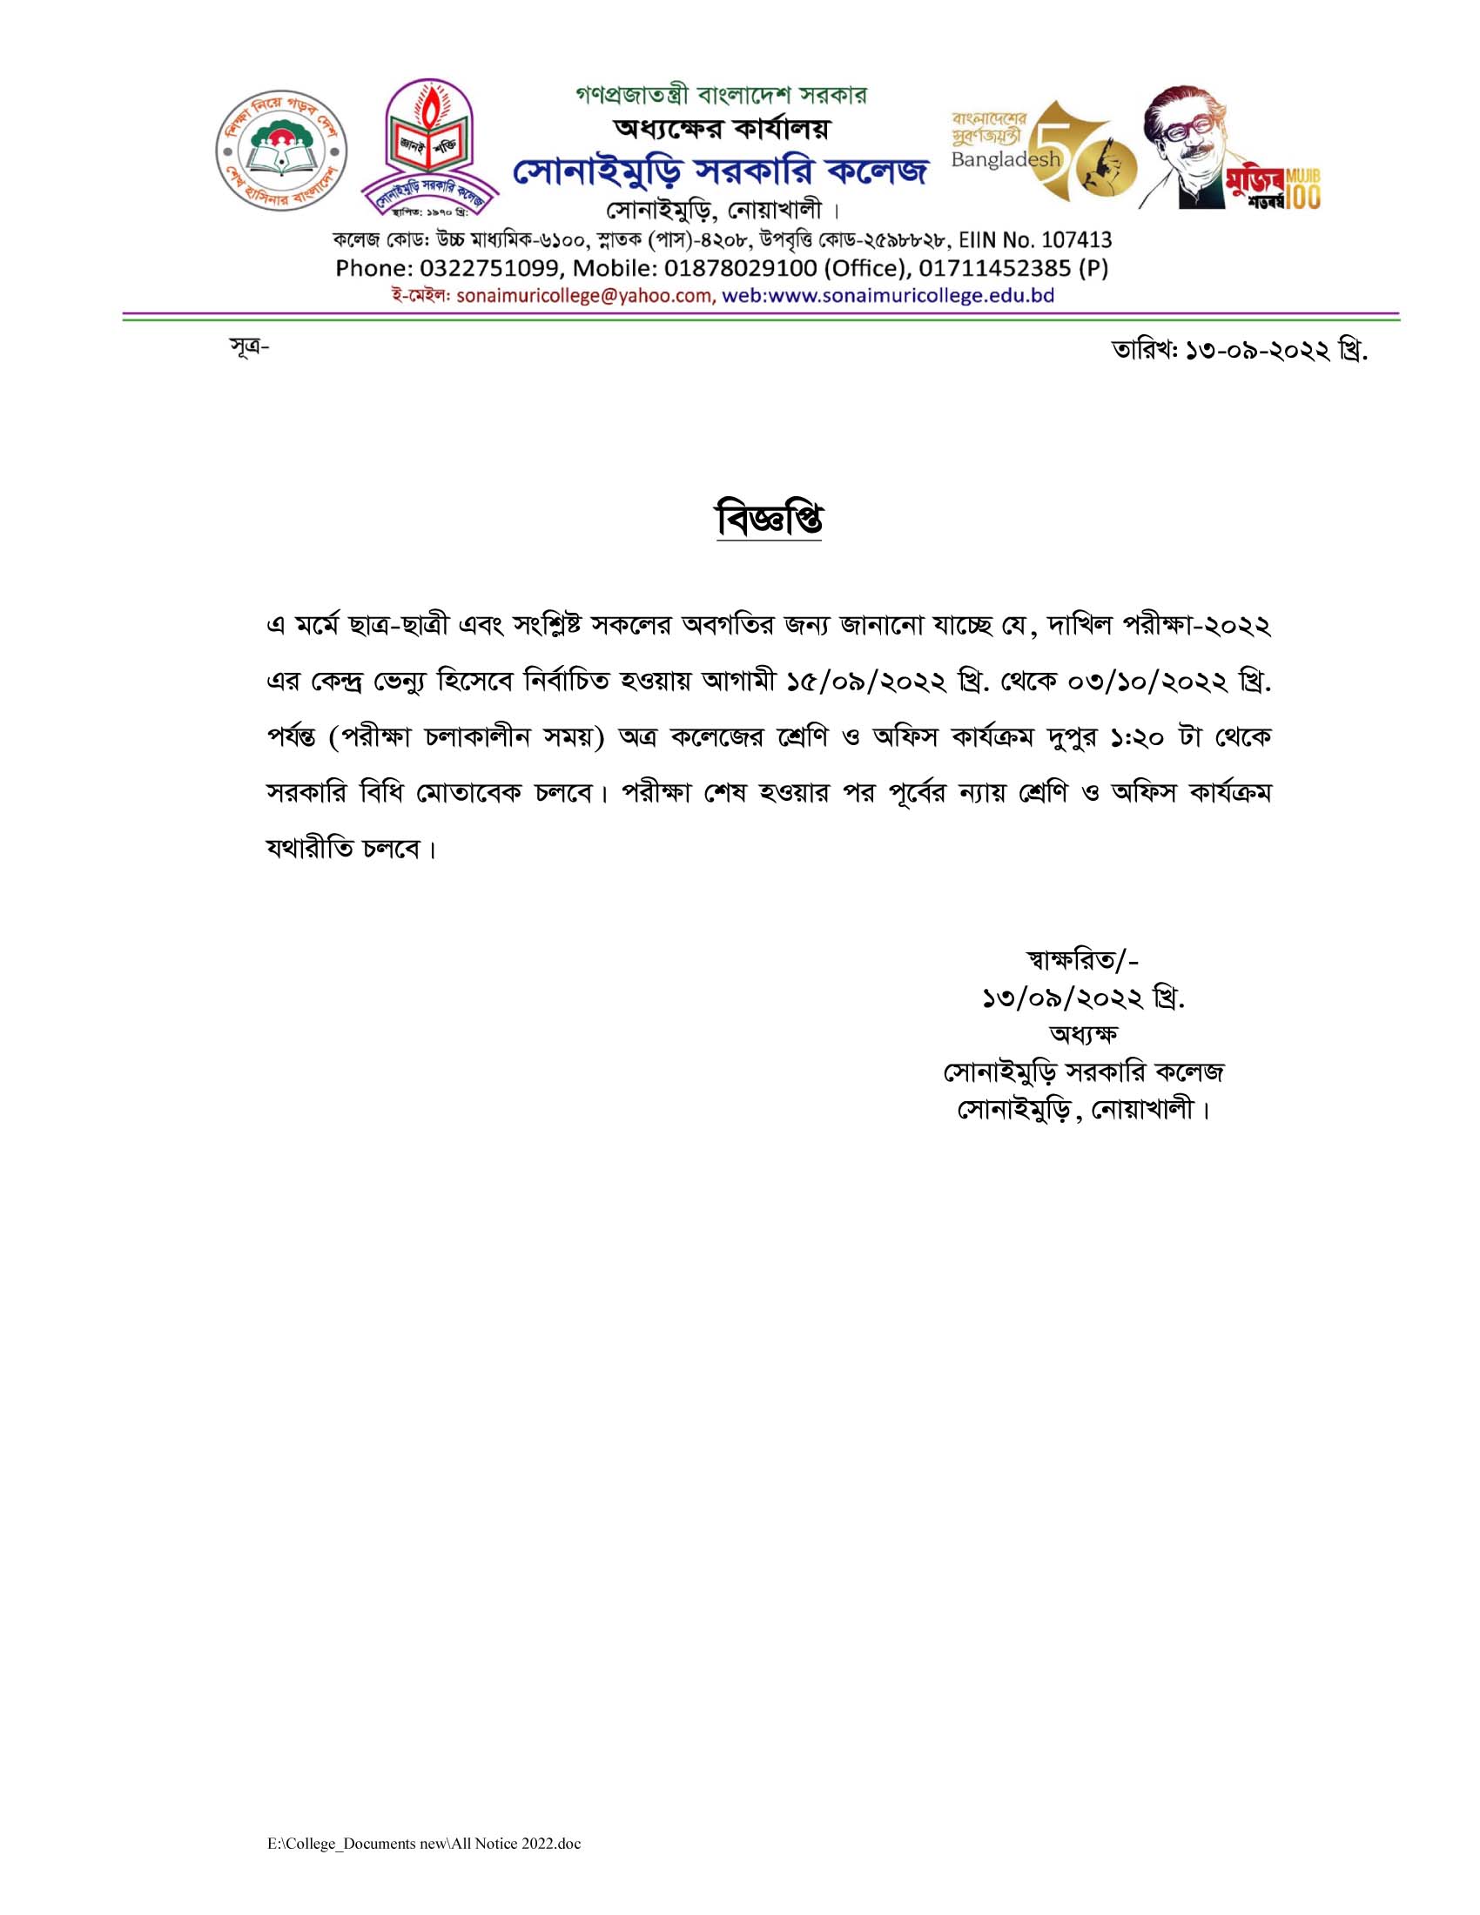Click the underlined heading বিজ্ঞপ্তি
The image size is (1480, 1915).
769,520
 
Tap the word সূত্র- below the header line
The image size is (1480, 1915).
249,347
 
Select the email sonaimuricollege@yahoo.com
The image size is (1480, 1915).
585,296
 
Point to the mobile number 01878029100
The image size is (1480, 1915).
740,268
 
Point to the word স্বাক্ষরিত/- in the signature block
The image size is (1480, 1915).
1082,960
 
